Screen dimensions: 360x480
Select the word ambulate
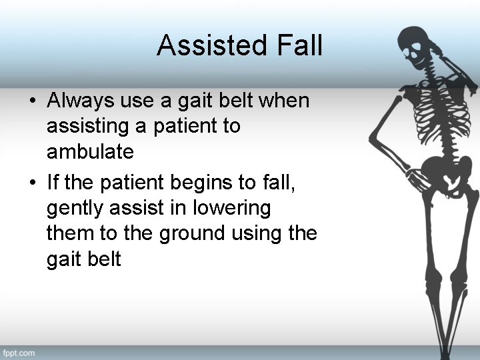coord(90,152)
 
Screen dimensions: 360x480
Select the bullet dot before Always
coord(32,102)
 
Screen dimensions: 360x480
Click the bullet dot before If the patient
coord(32,183)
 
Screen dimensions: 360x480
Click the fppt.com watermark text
coord(18,352)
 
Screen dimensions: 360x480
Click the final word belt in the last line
coord(103,259)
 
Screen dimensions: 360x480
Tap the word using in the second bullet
coord(256,233)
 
